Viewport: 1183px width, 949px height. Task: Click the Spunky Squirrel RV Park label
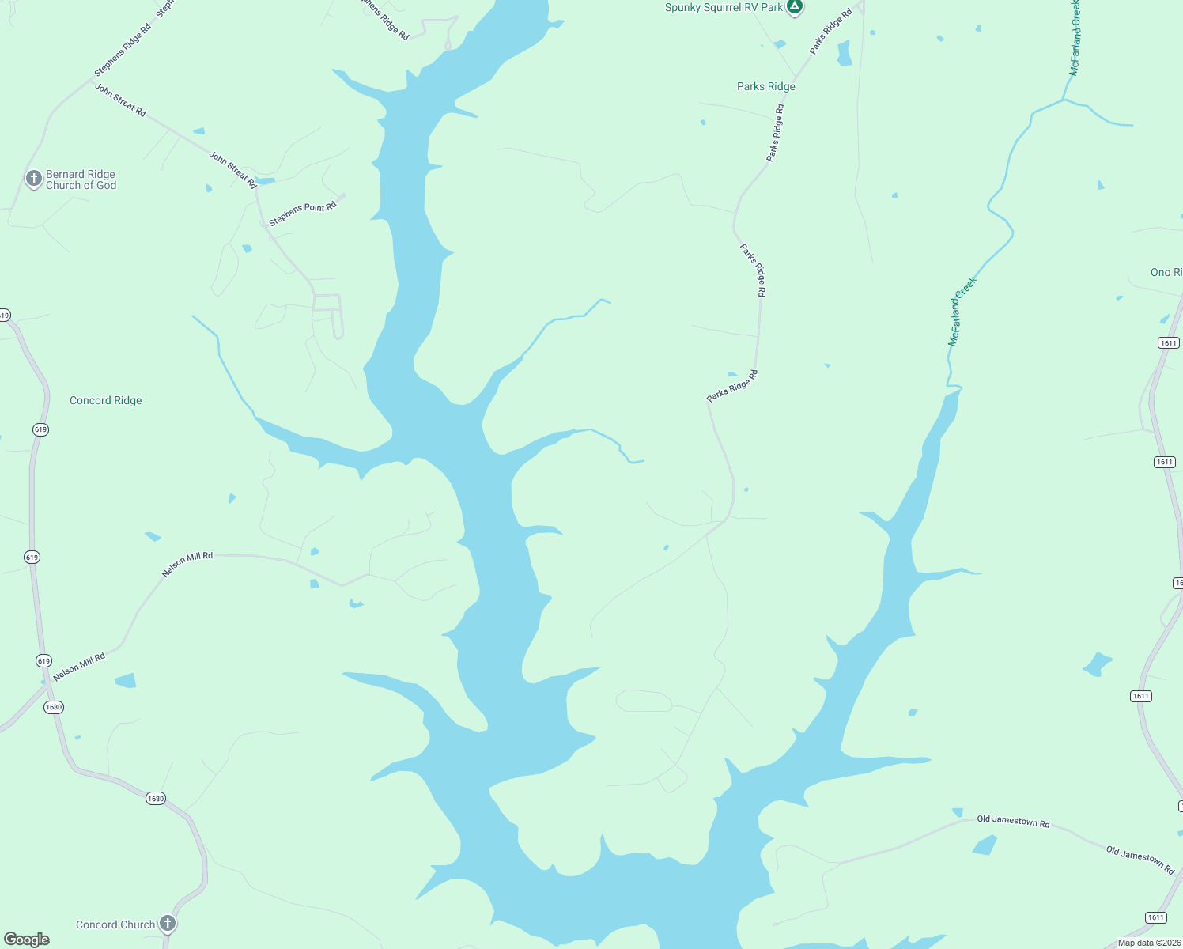tap(724, 8)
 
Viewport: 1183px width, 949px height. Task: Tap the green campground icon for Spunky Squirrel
tap(795, 7)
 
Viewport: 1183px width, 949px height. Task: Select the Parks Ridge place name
tap(765, 86)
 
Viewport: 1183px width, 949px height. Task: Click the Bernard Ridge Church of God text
tap(81, 180)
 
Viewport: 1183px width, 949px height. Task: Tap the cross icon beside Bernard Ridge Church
tap(33, 179)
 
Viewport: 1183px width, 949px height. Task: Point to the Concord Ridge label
tap(106, 400)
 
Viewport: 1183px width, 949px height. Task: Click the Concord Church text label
tap(115, 924)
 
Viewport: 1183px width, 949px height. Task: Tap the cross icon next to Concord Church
tap(167, 923)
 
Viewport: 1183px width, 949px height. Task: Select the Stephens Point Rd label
tap(303, 214)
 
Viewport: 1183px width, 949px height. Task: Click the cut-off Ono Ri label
tap(1166, 272)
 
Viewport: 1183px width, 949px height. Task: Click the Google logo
tap(27, 940)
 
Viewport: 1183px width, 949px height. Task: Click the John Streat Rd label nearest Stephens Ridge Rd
tap(120, 100)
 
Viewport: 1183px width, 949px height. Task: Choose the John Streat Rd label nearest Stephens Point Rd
tap(232, 169)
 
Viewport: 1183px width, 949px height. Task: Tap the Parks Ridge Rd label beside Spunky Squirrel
tap(831, 32)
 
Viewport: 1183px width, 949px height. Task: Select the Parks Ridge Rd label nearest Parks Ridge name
tap(775, 132)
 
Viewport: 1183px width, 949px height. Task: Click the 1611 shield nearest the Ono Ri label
tap(1169, 342)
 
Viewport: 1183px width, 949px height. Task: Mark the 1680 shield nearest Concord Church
tap(156, 799)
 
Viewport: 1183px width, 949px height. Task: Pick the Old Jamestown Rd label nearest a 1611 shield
tap(1140, 859)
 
